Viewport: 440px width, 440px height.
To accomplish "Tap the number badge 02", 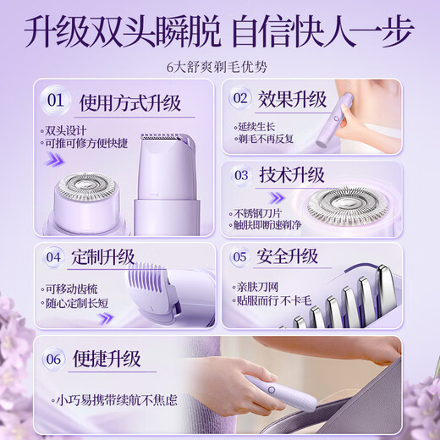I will [x=240, y=98].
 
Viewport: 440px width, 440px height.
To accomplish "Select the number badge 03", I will [x=240, y=175].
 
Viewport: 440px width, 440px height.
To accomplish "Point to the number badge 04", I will [x=54, y=256].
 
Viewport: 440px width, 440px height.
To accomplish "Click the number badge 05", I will [x=240, y=256].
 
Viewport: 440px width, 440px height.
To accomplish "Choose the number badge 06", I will [x=54, y=359].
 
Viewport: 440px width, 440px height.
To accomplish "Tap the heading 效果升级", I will [x=292, y=98].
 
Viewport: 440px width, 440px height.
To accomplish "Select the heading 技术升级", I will [x=292, y=175].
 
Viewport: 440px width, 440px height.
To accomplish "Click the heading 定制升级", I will [x=103, y=257].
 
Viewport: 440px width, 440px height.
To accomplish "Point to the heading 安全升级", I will [x=292, y=256].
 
